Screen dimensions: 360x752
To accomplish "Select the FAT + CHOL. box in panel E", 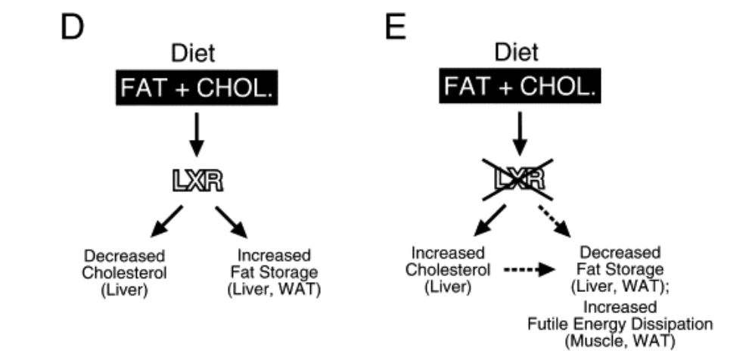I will (x=517, y=88).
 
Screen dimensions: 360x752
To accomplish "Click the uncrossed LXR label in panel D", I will (x=195, y=181).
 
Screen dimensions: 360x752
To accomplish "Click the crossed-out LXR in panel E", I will (x=517, y=180).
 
